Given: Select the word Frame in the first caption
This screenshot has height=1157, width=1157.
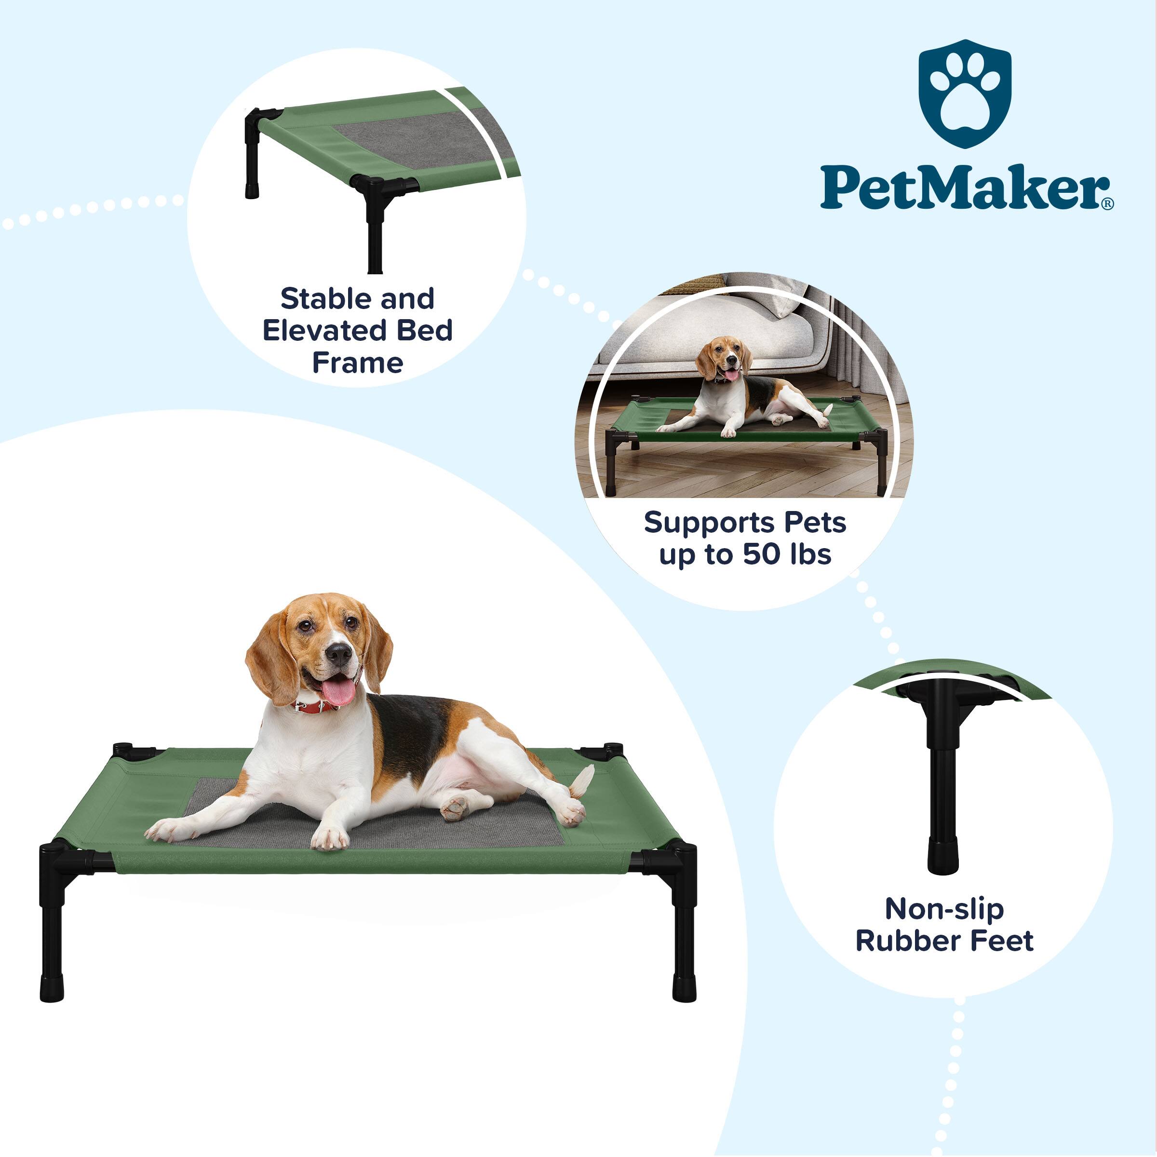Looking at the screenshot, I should pos(358,363).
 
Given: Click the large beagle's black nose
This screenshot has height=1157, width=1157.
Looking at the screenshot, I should pos(339,654).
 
